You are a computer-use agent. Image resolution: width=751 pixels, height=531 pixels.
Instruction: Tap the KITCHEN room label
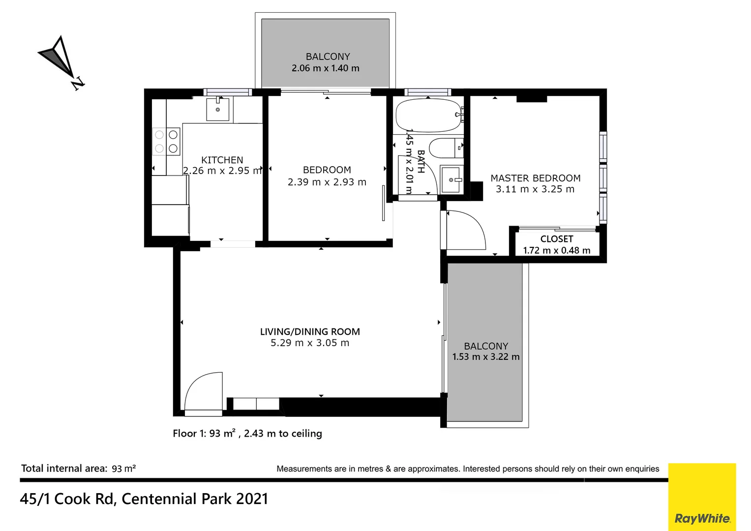coord(222,160)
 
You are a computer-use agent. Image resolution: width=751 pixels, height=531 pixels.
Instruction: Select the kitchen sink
coord(217,109)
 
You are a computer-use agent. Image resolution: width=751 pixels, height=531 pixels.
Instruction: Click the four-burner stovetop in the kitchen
coord(166,141)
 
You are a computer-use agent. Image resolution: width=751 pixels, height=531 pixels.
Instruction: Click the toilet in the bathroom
coord(445,147)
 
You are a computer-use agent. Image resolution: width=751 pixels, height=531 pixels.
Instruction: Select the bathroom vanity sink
coord(451,180)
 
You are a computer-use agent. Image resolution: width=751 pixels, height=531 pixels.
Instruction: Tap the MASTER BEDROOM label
coord(535,178)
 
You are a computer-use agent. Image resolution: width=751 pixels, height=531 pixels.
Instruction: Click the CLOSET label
coord(556,239)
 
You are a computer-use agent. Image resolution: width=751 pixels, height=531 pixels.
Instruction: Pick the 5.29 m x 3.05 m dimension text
coord(310,343)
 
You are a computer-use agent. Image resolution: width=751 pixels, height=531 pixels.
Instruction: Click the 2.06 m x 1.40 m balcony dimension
coord(325,68)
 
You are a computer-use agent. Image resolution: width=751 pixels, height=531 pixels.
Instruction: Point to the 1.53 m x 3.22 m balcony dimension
coord(485,357)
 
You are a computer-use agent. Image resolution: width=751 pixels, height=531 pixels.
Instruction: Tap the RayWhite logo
coord(702,518)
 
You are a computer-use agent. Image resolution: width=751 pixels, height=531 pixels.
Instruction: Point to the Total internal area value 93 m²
coord(123,469)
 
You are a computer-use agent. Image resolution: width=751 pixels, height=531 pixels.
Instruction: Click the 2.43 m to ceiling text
coord(283,434)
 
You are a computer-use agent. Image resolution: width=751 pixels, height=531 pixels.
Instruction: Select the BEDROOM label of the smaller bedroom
coord(327,170)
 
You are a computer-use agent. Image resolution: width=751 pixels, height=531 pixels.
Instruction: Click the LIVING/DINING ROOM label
coord(310,332)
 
